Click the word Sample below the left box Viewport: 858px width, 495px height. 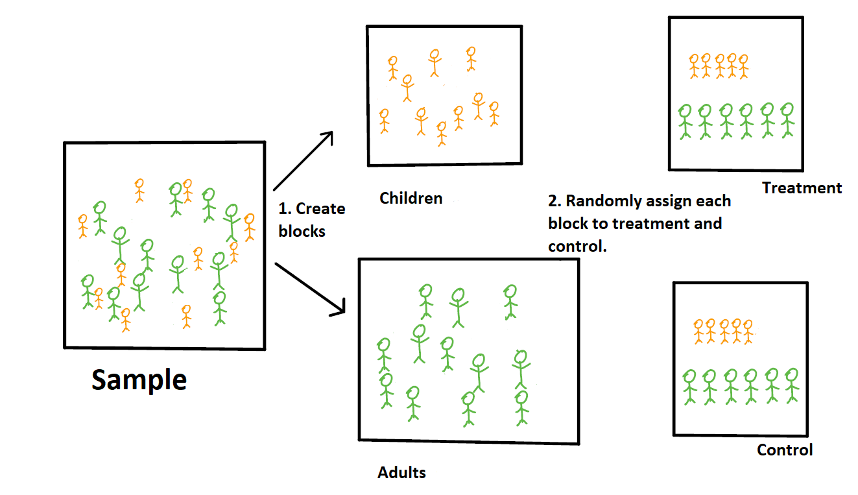(x=139, y=380)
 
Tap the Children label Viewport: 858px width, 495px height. (x=411, y=198)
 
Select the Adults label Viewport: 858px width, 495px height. (x=402, y=472)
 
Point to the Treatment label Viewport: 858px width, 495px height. (x=802, y=188)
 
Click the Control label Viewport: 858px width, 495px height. (x=785, y=450)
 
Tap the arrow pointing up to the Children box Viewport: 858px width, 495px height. (x=304, y=160)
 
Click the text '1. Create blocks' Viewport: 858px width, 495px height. (x=312, y=219)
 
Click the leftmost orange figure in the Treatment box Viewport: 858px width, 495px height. (x=695, y=66)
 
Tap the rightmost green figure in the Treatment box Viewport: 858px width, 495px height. (x=787, y=120)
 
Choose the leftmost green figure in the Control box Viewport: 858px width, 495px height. (x=689, y=385)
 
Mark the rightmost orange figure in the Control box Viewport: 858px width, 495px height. (x=748, y=331)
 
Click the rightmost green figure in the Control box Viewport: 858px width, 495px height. (x=791, y=385)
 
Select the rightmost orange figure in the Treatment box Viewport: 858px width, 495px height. (x=743, y=66)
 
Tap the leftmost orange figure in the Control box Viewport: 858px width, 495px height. (x=698, y=331)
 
